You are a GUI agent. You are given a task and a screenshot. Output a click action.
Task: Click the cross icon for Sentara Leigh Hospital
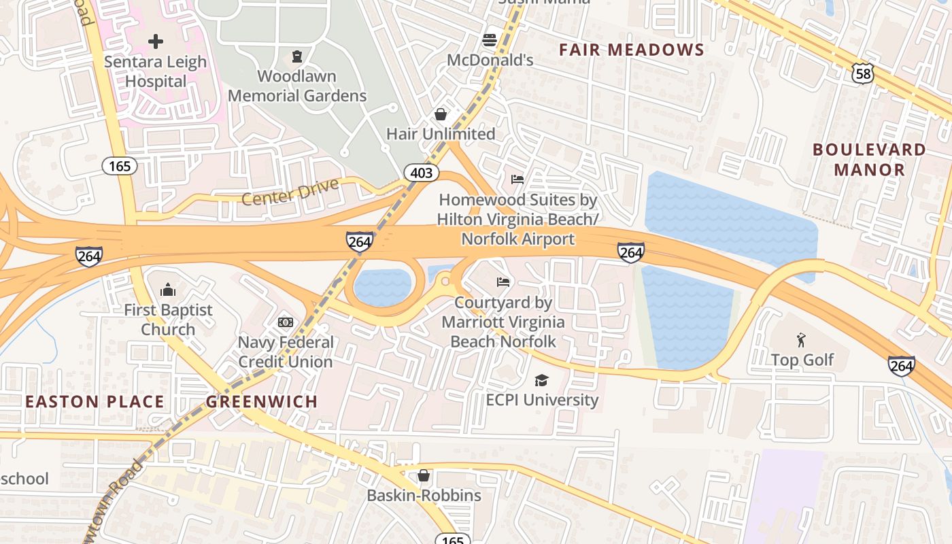click(156, 41)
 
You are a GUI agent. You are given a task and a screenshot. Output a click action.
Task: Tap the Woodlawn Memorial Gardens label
click(297, 86)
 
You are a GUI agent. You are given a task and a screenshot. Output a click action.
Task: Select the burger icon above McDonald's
click(489, 39)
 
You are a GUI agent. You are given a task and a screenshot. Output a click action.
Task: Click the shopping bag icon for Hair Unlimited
click(441, 114)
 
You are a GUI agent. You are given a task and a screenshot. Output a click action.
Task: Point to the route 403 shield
click(422, 173)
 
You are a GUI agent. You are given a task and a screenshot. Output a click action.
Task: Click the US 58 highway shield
click(863, 74)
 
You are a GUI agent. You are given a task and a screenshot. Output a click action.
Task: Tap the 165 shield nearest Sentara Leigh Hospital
click(120, 165)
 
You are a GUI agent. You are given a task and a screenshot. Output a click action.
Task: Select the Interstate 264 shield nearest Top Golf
click(901, 366)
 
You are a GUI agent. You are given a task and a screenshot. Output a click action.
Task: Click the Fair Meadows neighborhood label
click(631, 50)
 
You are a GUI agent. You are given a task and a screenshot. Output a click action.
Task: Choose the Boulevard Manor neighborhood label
click(869, 159)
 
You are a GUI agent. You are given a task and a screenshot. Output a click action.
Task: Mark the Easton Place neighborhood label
click(95, 401)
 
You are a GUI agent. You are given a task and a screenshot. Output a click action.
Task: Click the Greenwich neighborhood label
click(262, 401)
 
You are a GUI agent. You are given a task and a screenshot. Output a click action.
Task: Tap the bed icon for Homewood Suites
click(517, 180)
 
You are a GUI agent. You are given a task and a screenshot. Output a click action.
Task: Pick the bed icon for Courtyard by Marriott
click(503, 282)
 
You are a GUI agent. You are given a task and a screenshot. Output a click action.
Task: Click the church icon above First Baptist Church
click(168, 290)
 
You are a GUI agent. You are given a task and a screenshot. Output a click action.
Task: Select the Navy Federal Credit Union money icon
click(286, 322)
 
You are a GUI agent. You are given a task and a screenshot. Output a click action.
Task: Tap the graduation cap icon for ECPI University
click(541, 380)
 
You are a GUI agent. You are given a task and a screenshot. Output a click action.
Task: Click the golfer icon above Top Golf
click(802, 339)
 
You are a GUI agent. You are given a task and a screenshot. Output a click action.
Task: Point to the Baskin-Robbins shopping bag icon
click(424, 475)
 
